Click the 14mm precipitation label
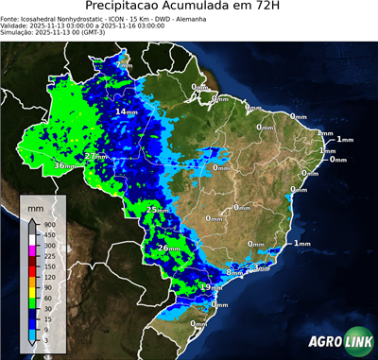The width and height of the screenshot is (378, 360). tap(125, 111)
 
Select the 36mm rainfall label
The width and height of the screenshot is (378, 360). tap(65, 165)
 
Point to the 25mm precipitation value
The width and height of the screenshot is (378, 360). tap(156, 208)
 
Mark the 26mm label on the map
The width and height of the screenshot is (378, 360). tap(167, 248)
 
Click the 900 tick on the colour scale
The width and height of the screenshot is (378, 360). tap(45, 224)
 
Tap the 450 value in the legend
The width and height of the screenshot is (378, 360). tap(45, 235)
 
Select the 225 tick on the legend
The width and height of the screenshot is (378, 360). tap(45, 256)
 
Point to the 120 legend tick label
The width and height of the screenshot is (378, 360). tap(45, 277)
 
